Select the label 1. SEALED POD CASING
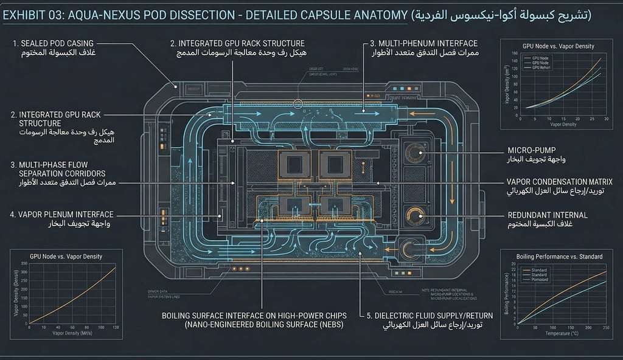pyautogui.click(x=53, y=44)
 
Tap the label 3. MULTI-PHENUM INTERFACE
pyautogui.click(x=423, y=44)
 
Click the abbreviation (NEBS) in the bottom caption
pyautogui.click(x=325, y=326)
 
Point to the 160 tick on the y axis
pyautogui.click(x=514, y=54)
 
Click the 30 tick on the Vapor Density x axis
pyautogui.click(x=607, y=118)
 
